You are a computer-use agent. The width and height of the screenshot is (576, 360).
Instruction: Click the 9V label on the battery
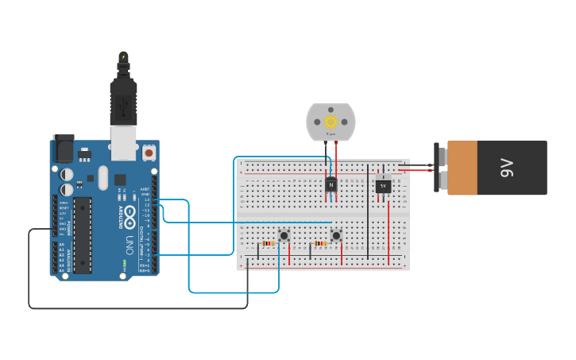(x=508, y=168)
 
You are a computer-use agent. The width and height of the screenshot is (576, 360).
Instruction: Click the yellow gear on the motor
(x=331, y=122)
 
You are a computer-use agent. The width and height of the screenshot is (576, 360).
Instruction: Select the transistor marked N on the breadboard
(x=331, y=184)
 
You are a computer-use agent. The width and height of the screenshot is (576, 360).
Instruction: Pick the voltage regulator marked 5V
(x=383, y=185)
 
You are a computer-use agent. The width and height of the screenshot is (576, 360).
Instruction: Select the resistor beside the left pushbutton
(x=268, y=243)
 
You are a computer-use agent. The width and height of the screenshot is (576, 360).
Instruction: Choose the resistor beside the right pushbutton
(x=320, y=243)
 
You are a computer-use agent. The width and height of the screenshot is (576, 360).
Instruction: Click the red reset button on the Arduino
(x=149, y=151)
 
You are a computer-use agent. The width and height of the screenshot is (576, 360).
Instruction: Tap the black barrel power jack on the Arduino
(x=64, y=149)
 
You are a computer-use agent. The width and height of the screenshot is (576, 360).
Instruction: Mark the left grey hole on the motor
(x=317, y=122)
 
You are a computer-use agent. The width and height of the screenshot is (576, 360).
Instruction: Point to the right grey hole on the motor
(x=346, y=122)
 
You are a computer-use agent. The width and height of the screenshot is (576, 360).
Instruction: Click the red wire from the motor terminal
(x=336, y=159)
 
